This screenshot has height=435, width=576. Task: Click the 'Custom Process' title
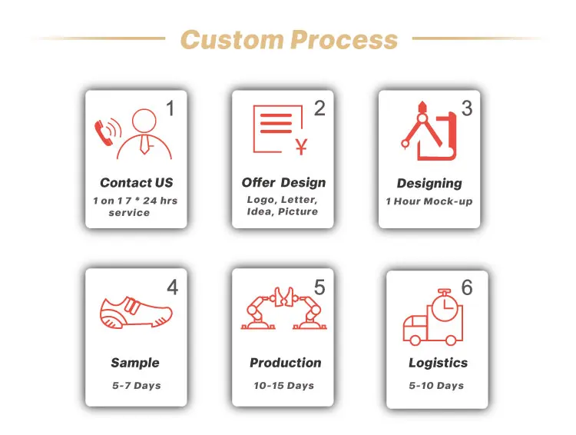point(288,39)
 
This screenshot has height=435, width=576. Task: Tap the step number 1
point(170,110)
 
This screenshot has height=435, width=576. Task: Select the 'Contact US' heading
point(136,183)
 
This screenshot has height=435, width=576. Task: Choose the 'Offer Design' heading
point(283,183)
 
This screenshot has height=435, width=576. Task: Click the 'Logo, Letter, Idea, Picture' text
point(282,205)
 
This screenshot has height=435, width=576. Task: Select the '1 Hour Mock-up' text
point(429,202)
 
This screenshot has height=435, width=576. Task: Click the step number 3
point(466,109)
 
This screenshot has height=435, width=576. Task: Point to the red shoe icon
point(136,310)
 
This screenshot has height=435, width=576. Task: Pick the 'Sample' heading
point(135,363)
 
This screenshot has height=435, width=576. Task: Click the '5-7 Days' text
point(136,385)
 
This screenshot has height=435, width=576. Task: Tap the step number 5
point(319,287)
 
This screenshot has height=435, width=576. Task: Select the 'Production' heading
point(285,363)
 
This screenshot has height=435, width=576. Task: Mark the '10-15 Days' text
point(283,385)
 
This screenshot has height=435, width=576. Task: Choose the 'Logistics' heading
point(438,363)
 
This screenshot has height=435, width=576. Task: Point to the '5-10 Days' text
point(436,385)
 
